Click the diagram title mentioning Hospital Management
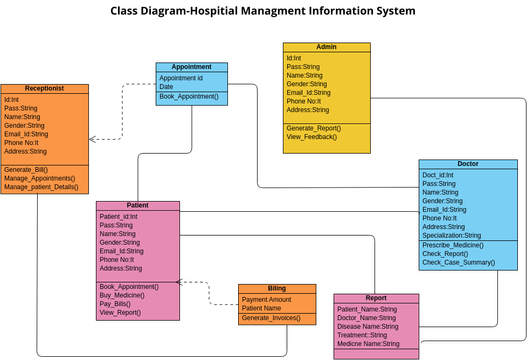pos(263,11)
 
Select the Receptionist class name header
pos(44,88)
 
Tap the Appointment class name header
pos(191,67)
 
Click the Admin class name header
pos(326,47)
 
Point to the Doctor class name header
pos(468,164)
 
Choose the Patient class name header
pos(138,205)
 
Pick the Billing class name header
pos(276,289)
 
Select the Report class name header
pos(376,298)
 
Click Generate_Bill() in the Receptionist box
pos(26,170)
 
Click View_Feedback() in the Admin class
pos(310,136)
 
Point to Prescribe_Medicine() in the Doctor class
pos(458,244)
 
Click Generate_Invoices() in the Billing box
pos(272,318)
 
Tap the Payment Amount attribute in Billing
pos(267,299)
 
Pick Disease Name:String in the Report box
pos(367,326)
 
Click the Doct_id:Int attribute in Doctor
pos(439,175)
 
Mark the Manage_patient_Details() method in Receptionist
pos(41,187)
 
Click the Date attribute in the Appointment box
pos(166,86)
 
